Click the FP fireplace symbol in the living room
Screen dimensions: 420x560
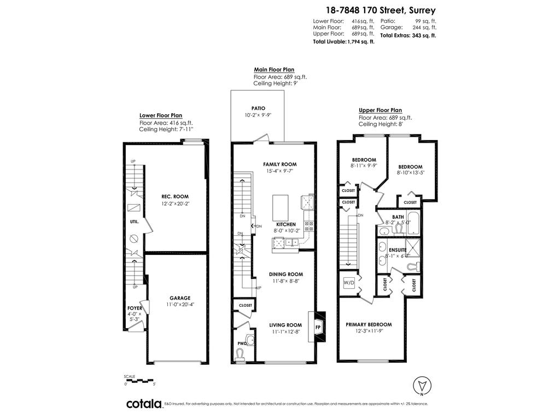[x=318, y=327]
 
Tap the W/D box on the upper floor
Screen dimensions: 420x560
[x=348, y=283]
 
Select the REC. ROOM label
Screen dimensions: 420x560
[x=176, y=196]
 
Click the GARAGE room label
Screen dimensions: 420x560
[x=179, y=298]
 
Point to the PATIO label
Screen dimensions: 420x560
[x=258, y=108]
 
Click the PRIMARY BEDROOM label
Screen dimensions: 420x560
[x=369, y=324]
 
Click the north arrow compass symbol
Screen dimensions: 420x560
[x=422, y=385]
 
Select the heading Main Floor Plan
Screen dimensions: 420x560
[x=274, y=70]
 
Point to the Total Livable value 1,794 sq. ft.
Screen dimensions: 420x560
[x=360, y=42]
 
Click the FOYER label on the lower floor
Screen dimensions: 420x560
[x=135, y=308]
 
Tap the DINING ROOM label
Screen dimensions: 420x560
[x=285, y=274]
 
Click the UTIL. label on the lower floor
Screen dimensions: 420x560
[x=135, y=222]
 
